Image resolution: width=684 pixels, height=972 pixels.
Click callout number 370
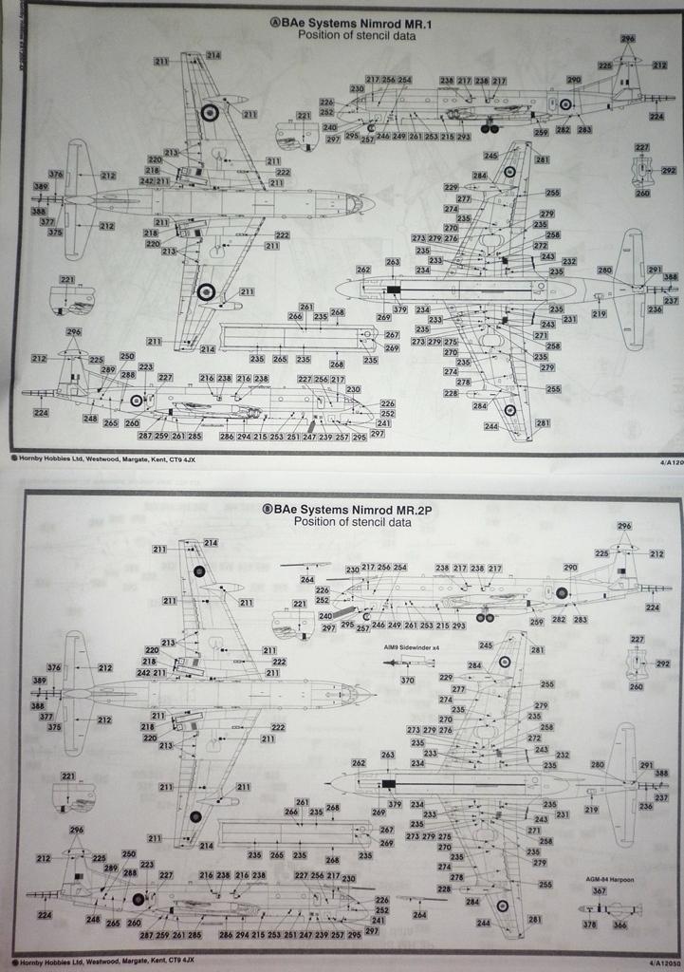pos(407,680)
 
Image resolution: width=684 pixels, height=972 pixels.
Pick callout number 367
pos(599,890)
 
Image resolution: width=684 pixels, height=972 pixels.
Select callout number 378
pos(589,924)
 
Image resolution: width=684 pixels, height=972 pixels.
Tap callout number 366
pos(619,924)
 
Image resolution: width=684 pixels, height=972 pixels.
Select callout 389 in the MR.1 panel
pos(40,187)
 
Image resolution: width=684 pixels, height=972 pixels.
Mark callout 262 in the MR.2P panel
pos(358,762)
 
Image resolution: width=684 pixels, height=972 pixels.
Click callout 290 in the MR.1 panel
pos(572,80)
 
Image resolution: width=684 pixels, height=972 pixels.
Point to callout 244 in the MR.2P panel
pos(483,923)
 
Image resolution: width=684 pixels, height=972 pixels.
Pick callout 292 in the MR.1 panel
pos(669,171)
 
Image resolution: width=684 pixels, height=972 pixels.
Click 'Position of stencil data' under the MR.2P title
pos(352,521)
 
